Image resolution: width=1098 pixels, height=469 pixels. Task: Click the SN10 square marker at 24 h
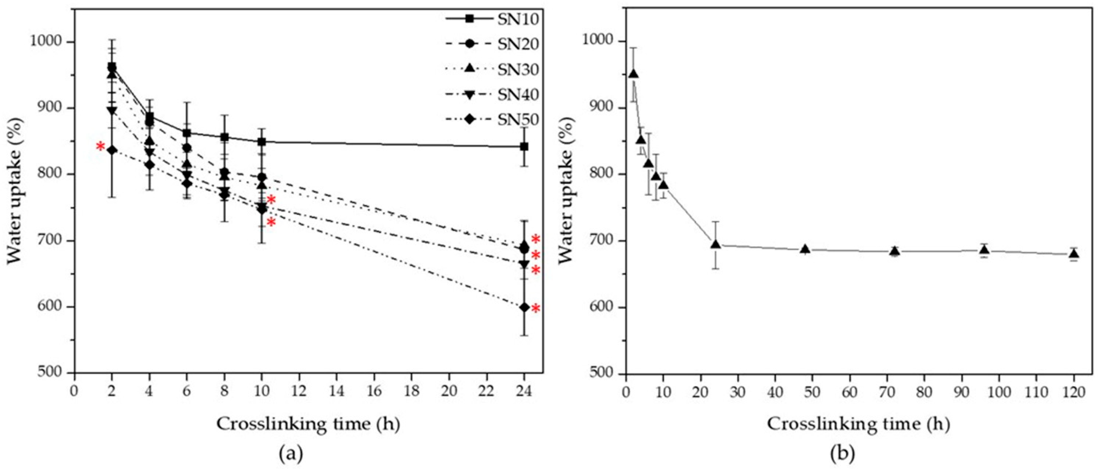[524, 147]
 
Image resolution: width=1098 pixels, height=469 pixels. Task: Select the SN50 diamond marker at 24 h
[524, 307]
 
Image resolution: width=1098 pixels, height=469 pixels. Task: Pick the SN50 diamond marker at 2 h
[112, 150]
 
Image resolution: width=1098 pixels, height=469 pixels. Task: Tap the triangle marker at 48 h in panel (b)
[805, 249]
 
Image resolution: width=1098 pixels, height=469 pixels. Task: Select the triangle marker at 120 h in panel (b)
[1074, 254]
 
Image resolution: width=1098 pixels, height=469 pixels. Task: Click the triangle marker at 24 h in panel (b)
[716, 244]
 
